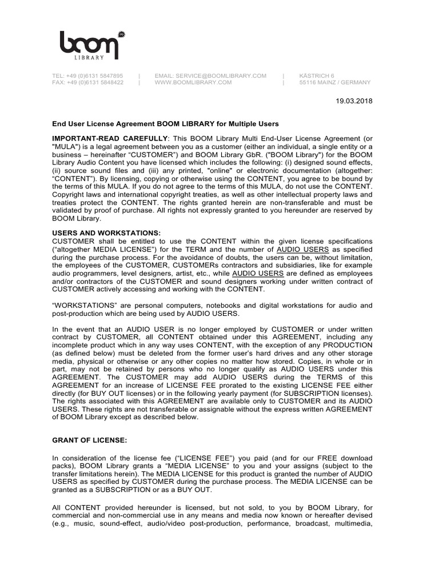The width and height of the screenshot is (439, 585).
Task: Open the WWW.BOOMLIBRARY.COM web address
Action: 193,82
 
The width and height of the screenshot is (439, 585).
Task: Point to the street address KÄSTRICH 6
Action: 317,75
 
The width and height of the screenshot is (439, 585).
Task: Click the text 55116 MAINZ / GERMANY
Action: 335,82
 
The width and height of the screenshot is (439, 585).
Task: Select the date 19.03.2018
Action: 353,101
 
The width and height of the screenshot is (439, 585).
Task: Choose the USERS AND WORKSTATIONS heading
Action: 106,233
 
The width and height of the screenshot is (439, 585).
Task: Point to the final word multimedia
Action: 352,523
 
